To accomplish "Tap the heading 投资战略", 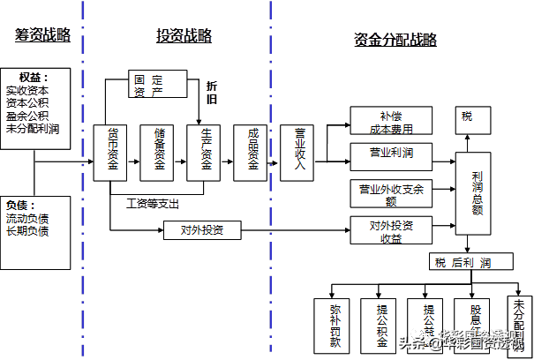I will tap(184, 36).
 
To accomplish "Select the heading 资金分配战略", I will tap(395, 40).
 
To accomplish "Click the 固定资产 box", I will tap(147, 84).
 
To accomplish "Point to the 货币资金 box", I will tap(112, 152).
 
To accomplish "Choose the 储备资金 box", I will tap(158, 152).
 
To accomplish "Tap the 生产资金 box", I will tap(205, 152).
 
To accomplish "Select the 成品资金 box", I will tap(252, 152).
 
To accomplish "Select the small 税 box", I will tap(466, 116).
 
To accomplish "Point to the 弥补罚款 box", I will tap(335, 326).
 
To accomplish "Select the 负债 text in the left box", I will tap(21, 204).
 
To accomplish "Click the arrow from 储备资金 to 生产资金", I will tap(181, 162).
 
